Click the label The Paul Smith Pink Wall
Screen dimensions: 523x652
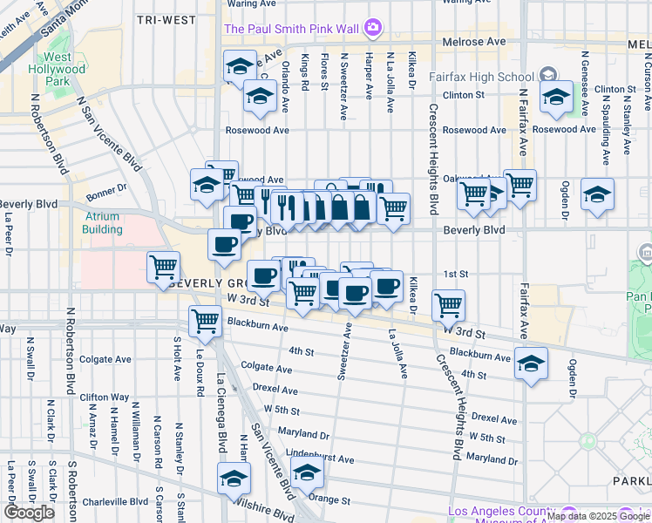[291, 29]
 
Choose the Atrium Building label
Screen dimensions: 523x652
[103, 222]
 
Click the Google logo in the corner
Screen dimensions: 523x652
[30, 513]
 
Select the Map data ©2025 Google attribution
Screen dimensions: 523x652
[597, 516]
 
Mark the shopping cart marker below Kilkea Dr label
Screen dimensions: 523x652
[448, 303]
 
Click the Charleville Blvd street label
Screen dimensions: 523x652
[114, 502]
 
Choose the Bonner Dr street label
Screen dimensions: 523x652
[106, 187]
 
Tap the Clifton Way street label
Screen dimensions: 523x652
[104, 397]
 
